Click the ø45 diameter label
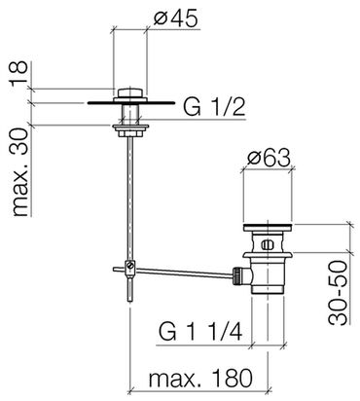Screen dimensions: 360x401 175,19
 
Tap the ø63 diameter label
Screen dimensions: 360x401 269,159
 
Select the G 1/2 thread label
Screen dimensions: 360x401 214,107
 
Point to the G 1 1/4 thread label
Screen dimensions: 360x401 200,331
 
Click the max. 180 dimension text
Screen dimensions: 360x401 200,378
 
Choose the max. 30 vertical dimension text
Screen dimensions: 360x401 20,172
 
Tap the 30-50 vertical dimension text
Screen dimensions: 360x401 338,292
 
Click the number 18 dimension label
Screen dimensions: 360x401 18,74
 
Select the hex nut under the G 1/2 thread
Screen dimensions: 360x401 130,133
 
